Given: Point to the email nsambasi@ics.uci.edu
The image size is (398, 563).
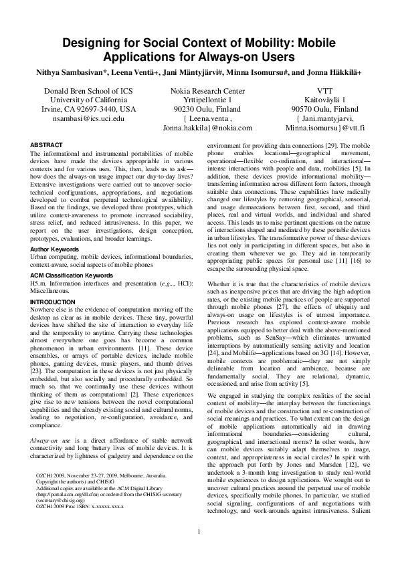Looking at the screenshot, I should [89, 118].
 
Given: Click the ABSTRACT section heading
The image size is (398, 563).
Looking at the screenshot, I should [47, 145].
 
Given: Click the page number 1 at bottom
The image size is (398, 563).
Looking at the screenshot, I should [199, 532].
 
